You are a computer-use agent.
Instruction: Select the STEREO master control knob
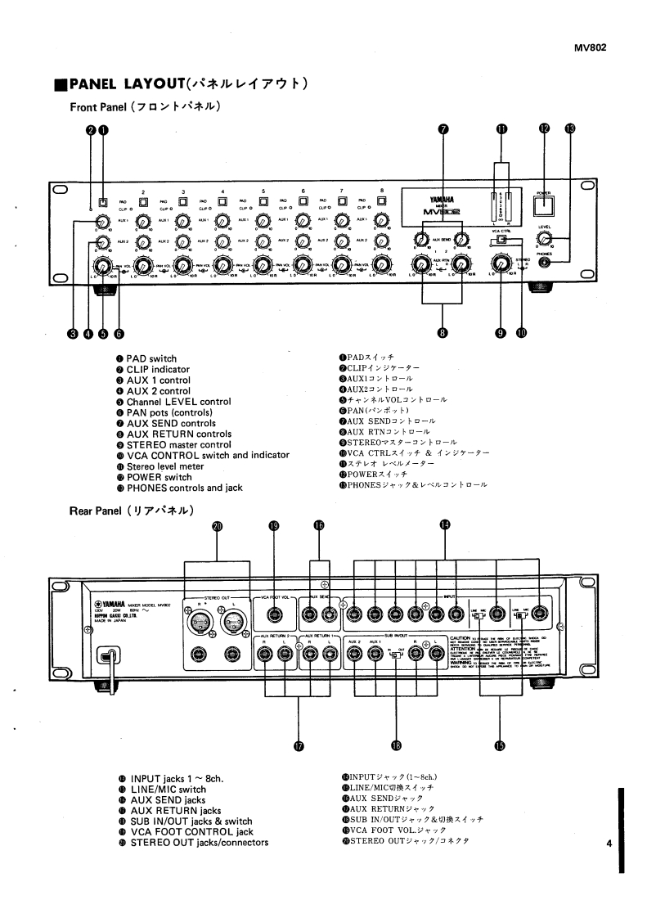pos(500,263)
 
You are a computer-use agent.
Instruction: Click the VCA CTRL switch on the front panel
pos(501,241)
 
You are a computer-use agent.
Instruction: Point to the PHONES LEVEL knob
pos(544,238)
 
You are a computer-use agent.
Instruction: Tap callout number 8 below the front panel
pos(443,333)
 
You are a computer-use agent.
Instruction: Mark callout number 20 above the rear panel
pos(217,527)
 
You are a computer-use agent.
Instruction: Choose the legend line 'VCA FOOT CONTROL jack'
pos(191,832)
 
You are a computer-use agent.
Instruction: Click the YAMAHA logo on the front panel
pos(440,199)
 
